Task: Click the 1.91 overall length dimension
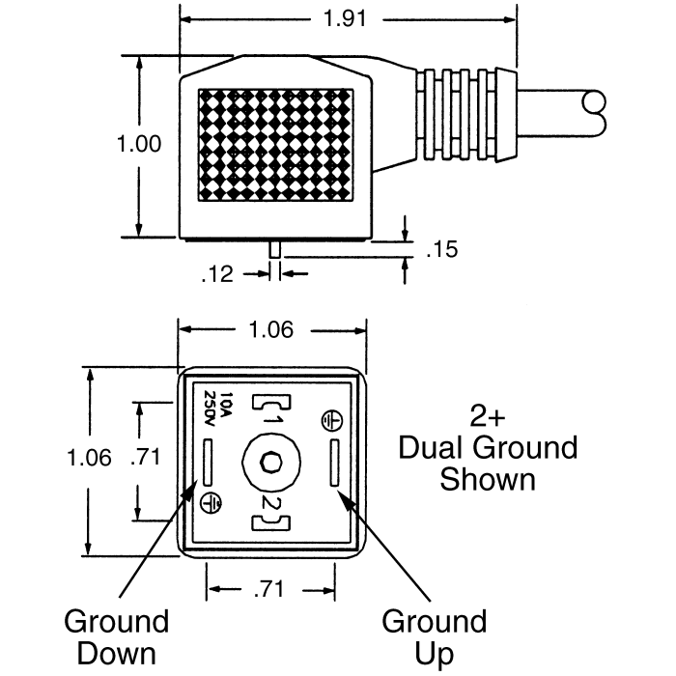[x=345, y=18]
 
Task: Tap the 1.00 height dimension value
[x=139, y=144]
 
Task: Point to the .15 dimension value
[x=442, y=249]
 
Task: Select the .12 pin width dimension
[x=217, y=274]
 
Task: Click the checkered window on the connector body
[x=276, y=145]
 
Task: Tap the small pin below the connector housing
[x=274, y=249]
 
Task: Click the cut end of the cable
[x=594, y=113]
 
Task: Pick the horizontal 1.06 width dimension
[x=271, y=330]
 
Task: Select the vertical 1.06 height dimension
[x=89, y=458]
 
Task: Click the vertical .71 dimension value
[x=145, y=457]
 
